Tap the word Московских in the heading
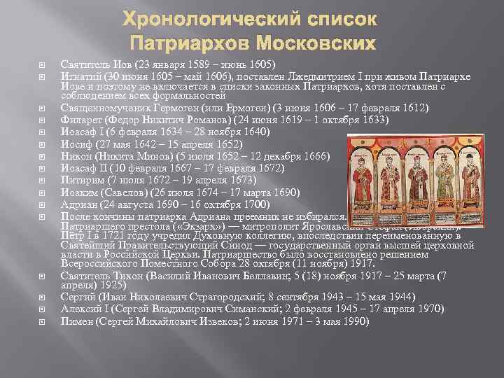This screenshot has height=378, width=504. pos(319,43)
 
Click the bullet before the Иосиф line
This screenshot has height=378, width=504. pos(42,143)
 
